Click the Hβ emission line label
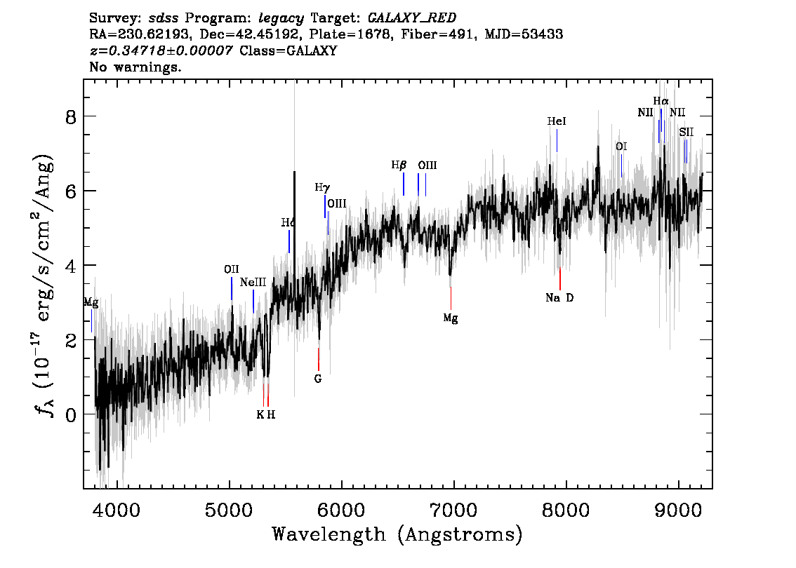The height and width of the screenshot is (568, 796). pos(399,165)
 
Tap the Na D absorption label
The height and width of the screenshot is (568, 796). pos(559,298)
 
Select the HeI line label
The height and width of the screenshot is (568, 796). pos(557,122)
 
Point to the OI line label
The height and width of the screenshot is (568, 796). pos(621,147)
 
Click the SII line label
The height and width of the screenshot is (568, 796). pos(686,132)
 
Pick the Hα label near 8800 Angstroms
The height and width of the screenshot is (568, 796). pos(661,101)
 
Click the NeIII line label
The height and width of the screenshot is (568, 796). pos(253,282)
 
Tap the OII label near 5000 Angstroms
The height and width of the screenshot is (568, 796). pos(232,269)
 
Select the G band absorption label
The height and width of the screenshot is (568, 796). pos(318,379)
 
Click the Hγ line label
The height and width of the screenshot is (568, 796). pos(322,187)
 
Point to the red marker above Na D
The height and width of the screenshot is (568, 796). pos(559,278)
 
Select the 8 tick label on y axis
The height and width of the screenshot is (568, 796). pos(70,116)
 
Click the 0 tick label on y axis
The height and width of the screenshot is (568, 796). pos(70,414)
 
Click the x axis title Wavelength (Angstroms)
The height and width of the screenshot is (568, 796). pos(397,535)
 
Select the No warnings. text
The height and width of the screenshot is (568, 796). pos(135,68)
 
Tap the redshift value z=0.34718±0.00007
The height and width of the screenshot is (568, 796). pos(161,51)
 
